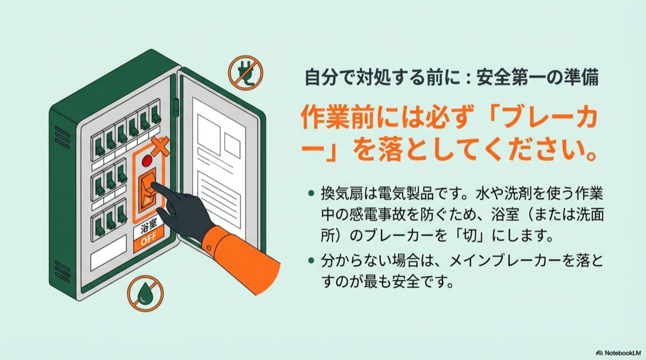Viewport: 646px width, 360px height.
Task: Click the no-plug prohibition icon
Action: [x=245, y=73]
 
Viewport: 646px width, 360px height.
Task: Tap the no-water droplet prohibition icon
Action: [x=145, y=293]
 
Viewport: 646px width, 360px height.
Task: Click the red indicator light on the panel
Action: [x=148, y=160]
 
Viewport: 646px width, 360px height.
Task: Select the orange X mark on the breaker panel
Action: [x=160, y=147]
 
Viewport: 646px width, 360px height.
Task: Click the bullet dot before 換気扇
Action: [x=311, y=193]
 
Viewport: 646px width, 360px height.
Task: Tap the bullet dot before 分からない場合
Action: [x=311, y=261]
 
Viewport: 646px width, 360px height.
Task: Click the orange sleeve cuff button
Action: [x=208, y=248]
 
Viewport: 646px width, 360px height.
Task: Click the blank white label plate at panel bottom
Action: [x=109, y=253]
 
